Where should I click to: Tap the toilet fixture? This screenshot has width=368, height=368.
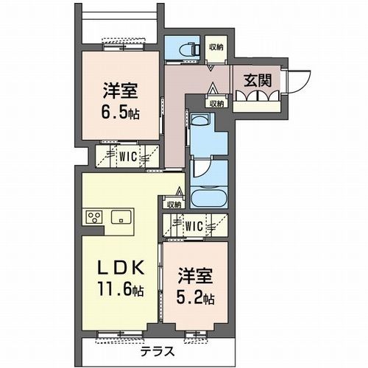[185, 49]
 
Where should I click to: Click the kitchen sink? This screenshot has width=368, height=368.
[121, 217]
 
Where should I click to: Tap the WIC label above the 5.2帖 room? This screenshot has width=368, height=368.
[194, 225]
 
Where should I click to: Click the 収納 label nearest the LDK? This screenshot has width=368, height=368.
[174, 205]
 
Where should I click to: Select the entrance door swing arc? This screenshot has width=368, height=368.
[297, 82]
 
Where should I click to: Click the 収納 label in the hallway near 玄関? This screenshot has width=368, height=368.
[216, 104]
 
